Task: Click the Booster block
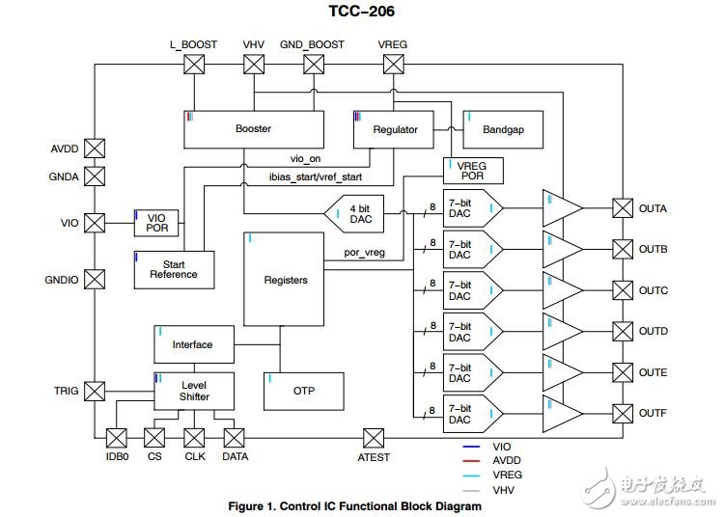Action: pos(253,129)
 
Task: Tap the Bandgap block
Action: pos(502,129)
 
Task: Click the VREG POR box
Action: pos(472,171)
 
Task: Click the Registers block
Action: pos(285,280)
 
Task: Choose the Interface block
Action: pos(192,344)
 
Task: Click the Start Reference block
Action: pos(173,268)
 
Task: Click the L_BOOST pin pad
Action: pos(194,65)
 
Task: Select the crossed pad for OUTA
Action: pos(622,208)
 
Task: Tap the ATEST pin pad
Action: pos(374,436)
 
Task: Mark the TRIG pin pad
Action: pos(95,391)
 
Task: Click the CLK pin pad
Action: pos(194,436)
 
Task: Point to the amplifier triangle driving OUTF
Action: pos(562,413)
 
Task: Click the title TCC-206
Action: pos(361,12)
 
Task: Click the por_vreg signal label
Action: pos(365,254)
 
